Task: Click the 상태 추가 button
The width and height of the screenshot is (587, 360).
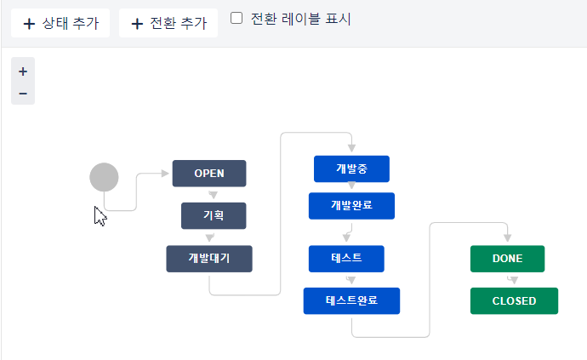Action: click(60, 23)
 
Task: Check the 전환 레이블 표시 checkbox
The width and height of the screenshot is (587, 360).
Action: click(237, 18)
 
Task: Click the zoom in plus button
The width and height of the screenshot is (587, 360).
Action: click(23, 71)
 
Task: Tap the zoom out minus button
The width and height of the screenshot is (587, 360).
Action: click(23, 93)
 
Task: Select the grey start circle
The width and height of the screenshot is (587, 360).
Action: click(104, 177)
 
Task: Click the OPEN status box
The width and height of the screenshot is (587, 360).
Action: click(209, 173)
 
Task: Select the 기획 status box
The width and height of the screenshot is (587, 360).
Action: click(214, 215)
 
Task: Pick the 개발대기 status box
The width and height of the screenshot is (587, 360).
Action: click(209, 259)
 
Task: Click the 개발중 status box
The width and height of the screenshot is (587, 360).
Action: click(351, 169)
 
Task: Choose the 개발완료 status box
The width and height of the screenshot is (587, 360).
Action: click(351, 205)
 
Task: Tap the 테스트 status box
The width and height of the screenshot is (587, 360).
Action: click(346, 258)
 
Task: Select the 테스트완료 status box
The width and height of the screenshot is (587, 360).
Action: click(351, 300)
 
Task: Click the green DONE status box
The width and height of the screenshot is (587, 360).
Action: click(508, 258)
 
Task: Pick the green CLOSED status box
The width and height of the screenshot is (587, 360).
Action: click(514, 300)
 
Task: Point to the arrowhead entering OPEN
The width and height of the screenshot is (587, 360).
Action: click(166, 174)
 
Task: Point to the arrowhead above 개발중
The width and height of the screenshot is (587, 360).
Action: click(351, 149)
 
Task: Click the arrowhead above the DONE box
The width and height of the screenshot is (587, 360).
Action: click(508, 239)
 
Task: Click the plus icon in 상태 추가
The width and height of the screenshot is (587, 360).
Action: click(30, 24)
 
